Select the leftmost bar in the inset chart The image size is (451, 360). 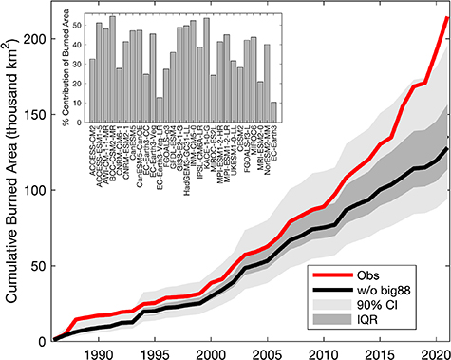click(x=92, y=86)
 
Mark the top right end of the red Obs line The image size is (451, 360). click(x=446, y=17)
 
